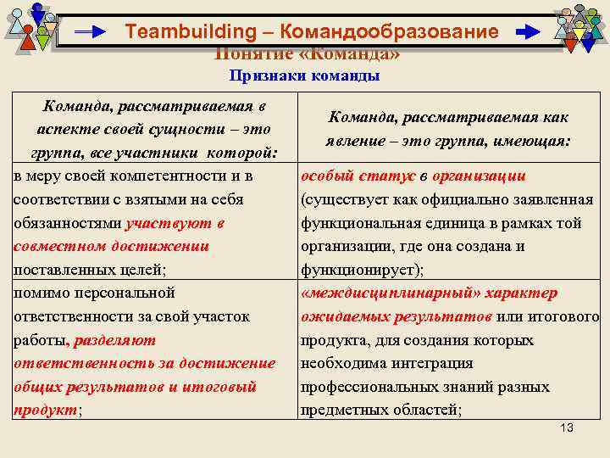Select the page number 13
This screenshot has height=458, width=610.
(567, 428)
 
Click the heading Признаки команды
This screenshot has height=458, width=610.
(305, 75)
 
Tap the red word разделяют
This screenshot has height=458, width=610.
(114, 340)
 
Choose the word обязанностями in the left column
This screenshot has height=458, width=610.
(67, 224)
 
